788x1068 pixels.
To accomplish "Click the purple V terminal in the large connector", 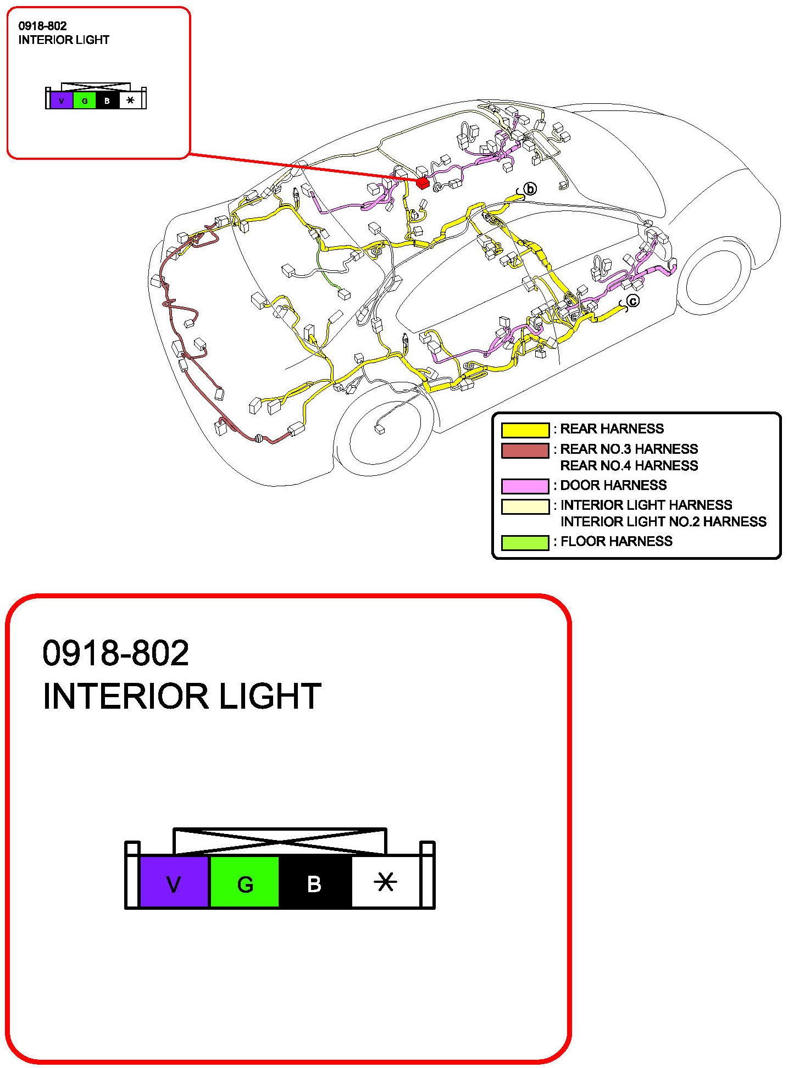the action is click(174, 882).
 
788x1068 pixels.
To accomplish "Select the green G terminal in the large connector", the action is click(245, 882).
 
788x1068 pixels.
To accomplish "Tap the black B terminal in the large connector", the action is click(315, 882).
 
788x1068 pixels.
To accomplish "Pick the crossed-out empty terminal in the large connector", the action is click(386, 882).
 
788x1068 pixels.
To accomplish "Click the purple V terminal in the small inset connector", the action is click(62, 101).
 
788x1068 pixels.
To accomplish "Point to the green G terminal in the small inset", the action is click(84, 101).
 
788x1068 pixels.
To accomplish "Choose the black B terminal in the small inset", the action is click(107, 101).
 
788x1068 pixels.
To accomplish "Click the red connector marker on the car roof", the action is click(423, 182).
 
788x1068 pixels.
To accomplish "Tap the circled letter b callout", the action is click(530, 189).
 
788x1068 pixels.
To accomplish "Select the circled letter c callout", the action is click(633, 301).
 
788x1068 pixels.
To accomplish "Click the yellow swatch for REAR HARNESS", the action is click(525, 430).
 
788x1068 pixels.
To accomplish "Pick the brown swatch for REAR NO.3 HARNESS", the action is click(525, 450).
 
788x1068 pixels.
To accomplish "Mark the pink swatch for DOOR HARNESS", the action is click(525, 486).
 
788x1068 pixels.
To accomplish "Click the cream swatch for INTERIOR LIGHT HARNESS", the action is click(525, 506).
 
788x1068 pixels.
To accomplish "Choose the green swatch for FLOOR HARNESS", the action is click(525, 542).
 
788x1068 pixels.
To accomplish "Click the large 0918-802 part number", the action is click(116, 653).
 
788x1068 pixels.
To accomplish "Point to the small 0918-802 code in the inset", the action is click(42, 26).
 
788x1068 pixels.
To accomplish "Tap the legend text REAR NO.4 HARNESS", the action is click(629, 466).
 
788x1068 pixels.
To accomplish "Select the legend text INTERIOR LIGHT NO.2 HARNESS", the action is click(663, 522).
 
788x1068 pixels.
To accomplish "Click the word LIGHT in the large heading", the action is click(270, 697).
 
